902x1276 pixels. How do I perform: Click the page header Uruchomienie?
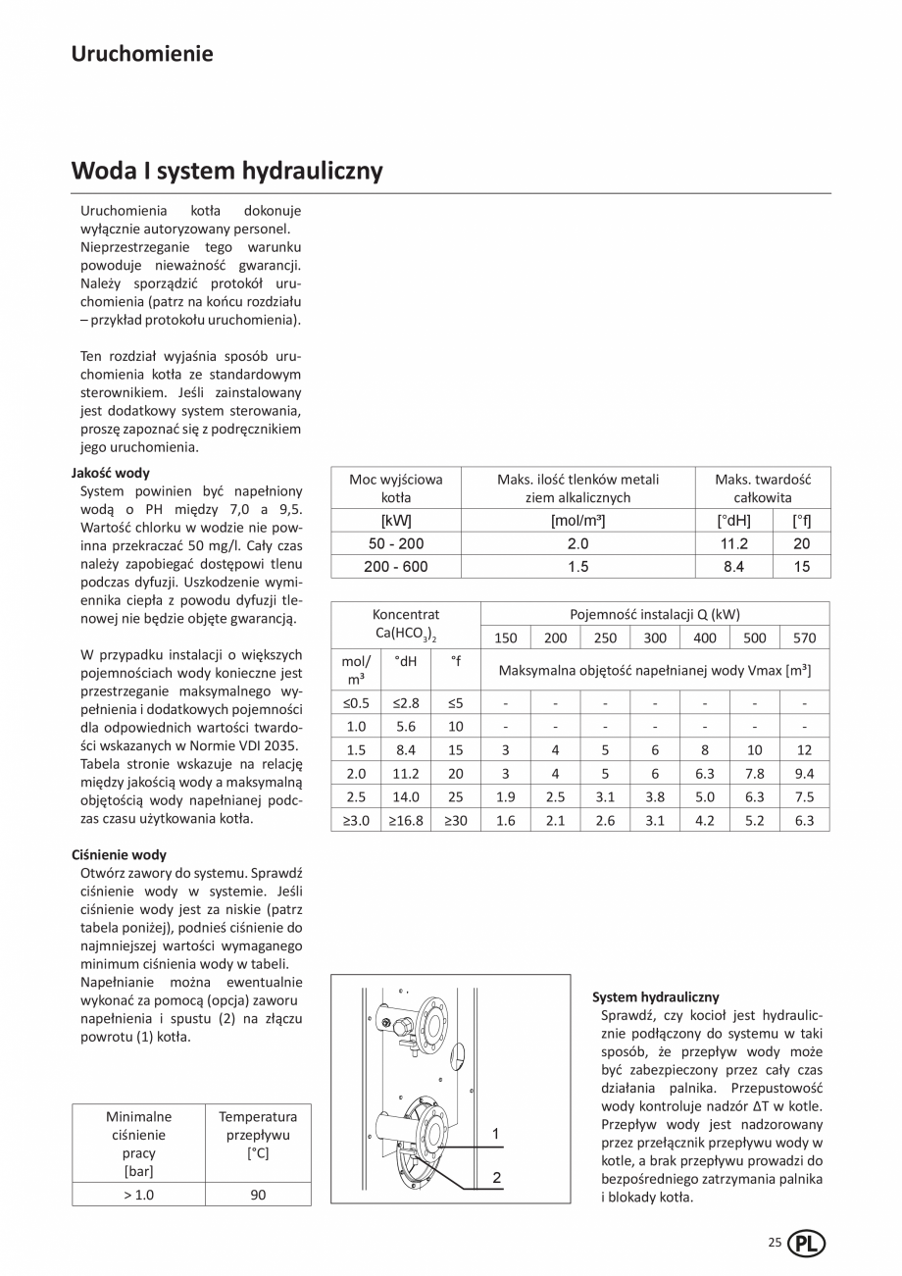click(142, 54)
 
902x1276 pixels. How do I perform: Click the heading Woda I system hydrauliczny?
click(226, 171)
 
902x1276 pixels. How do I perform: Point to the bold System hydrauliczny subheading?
click(655, 996)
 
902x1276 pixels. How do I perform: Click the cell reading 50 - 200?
click(396, 543)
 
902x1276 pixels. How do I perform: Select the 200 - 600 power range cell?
click(396, 567)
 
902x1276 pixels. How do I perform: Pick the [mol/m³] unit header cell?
click(577, 520)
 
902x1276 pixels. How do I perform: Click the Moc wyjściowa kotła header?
click(396, 487)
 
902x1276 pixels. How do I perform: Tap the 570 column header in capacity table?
click(804, 638)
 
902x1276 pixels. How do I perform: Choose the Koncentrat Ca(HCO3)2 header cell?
click(406, 624)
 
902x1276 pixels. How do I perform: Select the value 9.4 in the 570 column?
click(804, 773)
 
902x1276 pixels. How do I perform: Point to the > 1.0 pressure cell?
click(138, 1195)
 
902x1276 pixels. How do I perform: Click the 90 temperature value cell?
click(257, 1195)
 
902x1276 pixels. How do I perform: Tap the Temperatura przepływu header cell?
click(257, 1135)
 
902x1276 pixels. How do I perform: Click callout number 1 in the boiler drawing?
click(496, 1134)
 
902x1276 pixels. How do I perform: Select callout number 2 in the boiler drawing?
click(496, 1177)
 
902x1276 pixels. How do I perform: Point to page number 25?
click(775, 1243)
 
